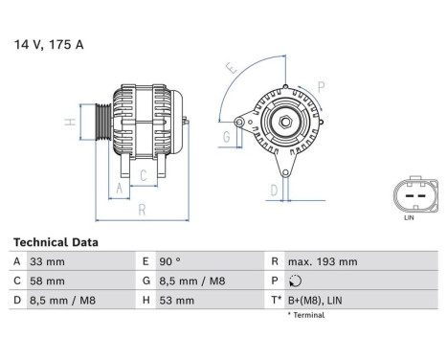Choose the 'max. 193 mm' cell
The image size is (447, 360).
(323, 261)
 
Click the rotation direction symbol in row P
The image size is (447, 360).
(293, 281)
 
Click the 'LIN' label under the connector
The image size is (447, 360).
(410, 217)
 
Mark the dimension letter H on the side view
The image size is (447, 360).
(69, 122)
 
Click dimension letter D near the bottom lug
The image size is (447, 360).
(273, 190)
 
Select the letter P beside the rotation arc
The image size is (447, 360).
(321, 85)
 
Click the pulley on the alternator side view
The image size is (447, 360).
(103, 123)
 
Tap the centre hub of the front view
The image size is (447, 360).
(283, 122)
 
